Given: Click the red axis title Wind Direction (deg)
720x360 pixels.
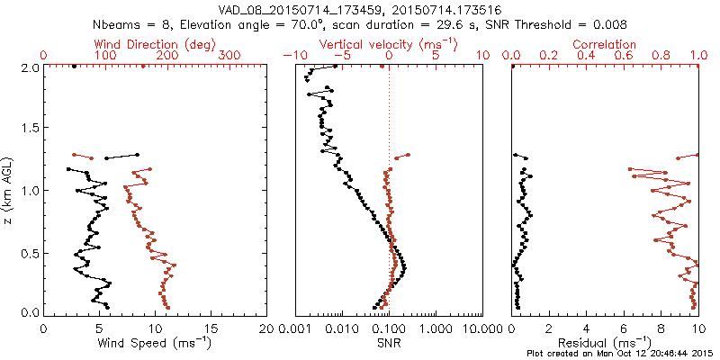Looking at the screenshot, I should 156,44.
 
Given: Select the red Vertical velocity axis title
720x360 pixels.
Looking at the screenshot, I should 389,44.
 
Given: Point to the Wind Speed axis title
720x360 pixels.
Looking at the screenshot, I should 156,343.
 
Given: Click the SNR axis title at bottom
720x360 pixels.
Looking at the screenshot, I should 389,343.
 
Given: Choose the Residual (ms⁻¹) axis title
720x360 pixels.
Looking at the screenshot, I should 605,343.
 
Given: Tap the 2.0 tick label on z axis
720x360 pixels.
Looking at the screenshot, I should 29,67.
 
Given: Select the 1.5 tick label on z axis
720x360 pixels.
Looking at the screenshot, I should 29,129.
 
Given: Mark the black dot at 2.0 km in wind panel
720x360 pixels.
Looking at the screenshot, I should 74,67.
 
